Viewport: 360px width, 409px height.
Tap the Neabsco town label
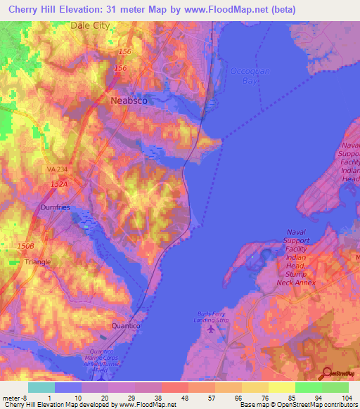click(129, 100)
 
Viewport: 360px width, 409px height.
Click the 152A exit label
click(58, 184)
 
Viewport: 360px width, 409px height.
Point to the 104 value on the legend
click(347, 397)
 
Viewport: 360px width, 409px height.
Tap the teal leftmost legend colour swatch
click(41, 387)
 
